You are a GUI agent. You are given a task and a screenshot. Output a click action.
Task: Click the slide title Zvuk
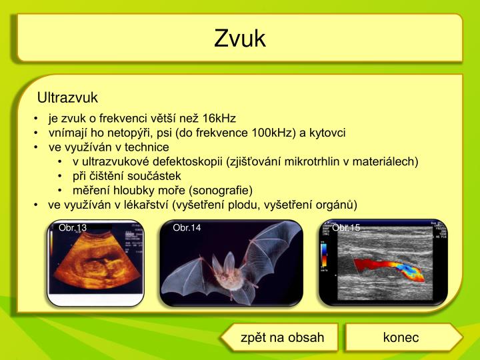coord(240,39)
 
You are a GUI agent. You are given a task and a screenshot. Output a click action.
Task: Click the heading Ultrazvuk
coord(67,98)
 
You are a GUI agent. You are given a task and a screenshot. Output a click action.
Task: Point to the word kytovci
coord(327,133)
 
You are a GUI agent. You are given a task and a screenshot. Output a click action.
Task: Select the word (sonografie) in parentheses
coord(221,190)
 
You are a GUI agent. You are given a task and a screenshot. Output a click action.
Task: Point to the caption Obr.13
coord(73,228)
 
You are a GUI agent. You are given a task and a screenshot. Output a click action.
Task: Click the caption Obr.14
coord(187,228)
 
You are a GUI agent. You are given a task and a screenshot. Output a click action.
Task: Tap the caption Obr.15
coord(346,228)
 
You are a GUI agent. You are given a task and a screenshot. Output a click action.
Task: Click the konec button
coord(401,337)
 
